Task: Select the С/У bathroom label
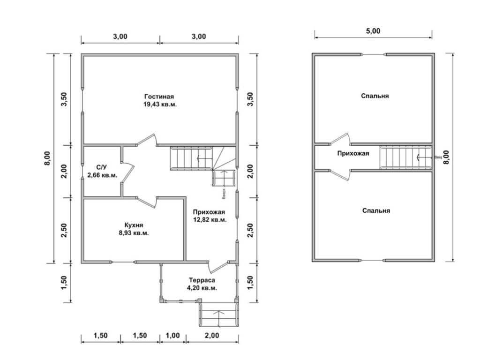pos(102,167)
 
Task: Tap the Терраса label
pos(202,280)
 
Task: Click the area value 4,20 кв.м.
pos(202,288)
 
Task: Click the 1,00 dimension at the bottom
pos(173,335)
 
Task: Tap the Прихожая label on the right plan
pos(353,153)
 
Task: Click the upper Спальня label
pos(375,96)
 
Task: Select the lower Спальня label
pos(376,211)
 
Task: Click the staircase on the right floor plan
pos(401,157)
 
